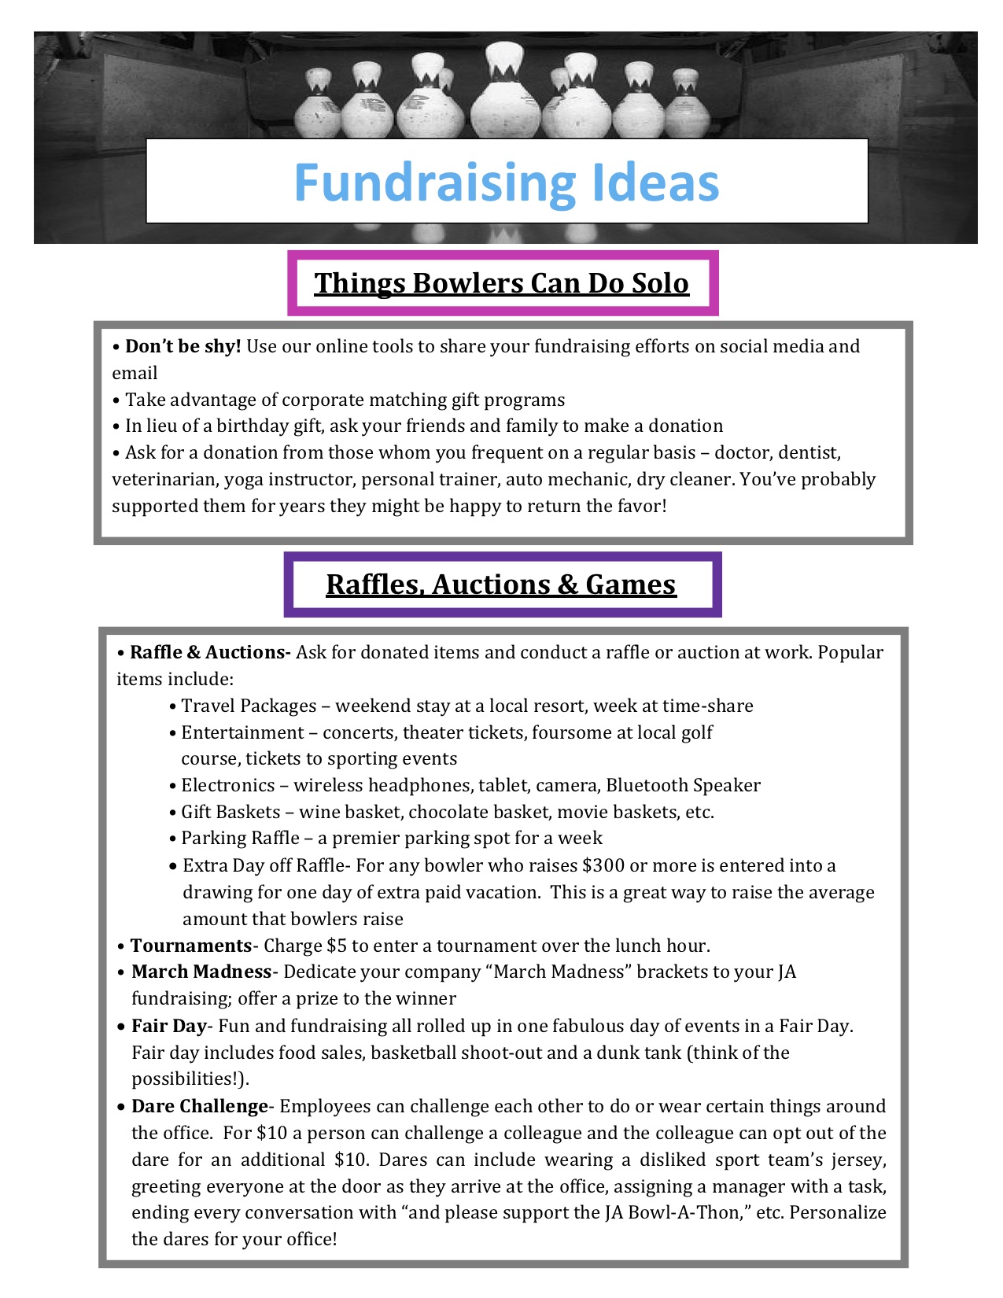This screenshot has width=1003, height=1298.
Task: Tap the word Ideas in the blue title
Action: pos(651,183)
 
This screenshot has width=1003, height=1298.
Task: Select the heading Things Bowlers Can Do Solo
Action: pos(502,283)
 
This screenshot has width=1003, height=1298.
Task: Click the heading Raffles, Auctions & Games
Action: pos(501,584)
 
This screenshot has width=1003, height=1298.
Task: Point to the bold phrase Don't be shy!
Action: pos(183,346)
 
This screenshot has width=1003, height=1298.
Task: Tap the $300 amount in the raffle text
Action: pos(603,865)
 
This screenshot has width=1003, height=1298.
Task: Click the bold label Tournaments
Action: pos(190,946)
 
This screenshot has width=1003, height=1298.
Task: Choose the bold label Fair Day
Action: pos(168,1026)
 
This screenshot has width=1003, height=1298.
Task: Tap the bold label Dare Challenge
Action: pos(200,1106)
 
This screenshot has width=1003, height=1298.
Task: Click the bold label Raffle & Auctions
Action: pos(210,652)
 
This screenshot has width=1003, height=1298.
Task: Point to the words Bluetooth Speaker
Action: pos(683,785)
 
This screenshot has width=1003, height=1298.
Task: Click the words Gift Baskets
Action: pos(230,812)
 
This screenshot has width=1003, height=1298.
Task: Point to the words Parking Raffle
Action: pos(240,838)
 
